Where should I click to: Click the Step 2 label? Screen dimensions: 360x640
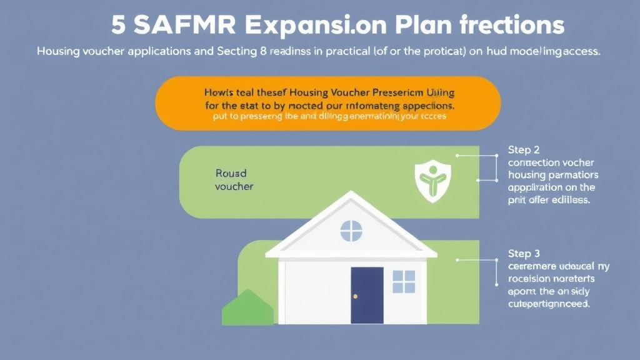click(x=524, y=150)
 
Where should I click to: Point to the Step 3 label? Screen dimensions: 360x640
click(x=524, y=254)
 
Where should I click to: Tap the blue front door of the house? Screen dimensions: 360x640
click(x=367, y=295)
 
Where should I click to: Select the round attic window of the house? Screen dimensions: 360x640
click(x=351, y=231)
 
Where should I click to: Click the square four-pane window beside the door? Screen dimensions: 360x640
click(x=404, y=281)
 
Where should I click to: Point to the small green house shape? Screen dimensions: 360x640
click(x=248, y=308)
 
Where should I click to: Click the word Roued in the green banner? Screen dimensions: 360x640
click(x=231, y=173)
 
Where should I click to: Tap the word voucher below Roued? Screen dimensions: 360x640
click(x=234, y=186)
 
